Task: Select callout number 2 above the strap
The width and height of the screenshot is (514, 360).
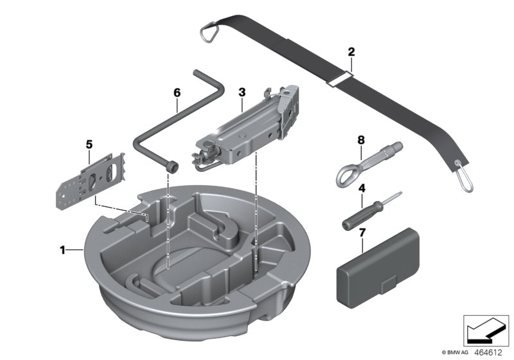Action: [351, 51]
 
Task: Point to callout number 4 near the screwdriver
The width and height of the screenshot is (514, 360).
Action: [362, 189]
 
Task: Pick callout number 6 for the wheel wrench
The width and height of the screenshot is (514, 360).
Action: [177, 93]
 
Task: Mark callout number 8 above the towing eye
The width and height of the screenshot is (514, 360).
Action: [361, 139]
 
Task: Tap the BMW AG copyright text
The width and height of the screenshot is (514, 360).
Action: [456, 352]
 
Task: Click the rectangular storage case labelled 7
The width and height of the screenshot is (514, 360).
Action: [378, 265]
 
